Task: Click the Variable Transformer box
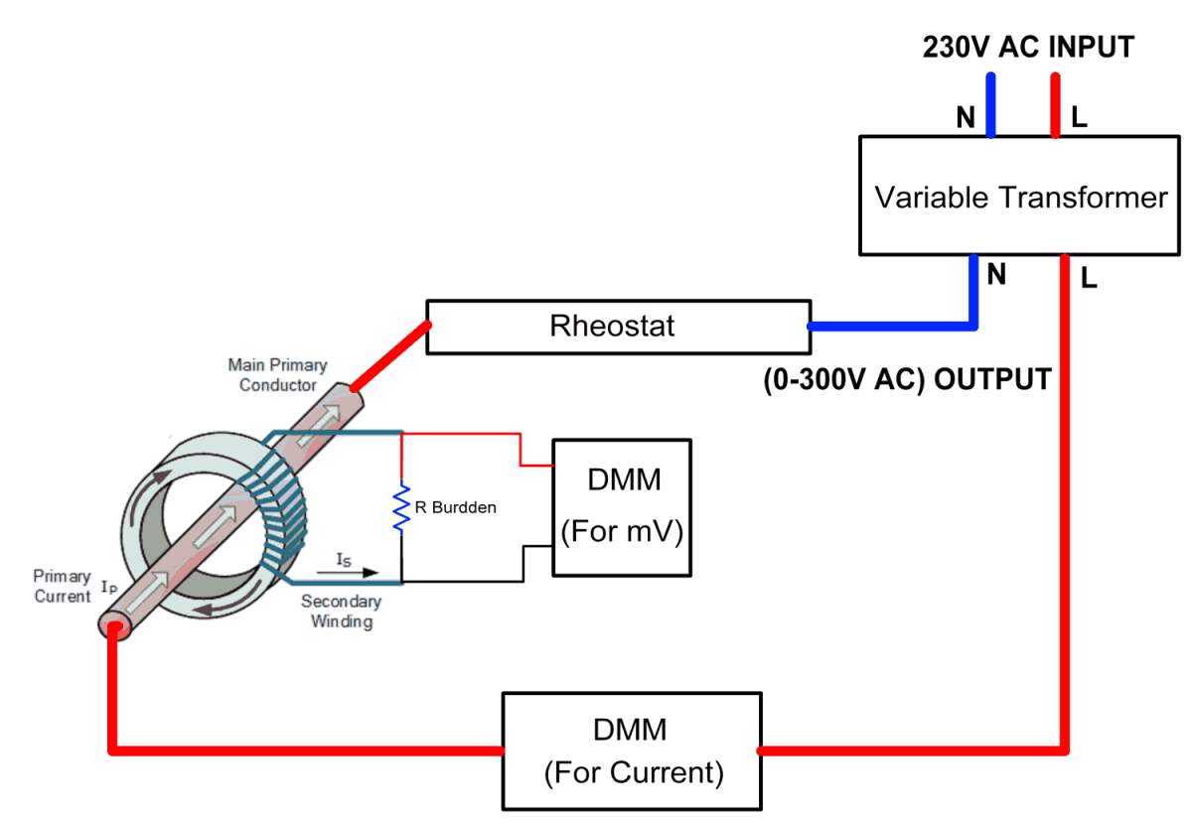click(x=1020, y=197)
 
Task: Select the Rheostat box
click(x=612, y=326)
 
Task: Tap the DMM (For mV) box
click(x=622, y=506)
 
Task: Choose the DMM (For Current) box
click(x=632, y=752)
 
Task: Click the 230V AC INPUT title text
click(x=1028, y=47)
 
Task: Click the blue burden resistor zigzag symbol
click(x=402, y=506)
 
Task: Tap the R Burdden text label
click(x=455, y=507)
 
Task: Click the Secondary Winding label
click(x=341, y=612)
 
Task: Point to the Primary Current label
click(x=62, y=586)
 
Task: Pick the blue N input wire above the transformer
click(x=990, y=103)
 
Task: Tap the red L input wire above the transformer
click(x=1054, y=103)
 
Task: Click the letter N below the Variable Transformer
click(x=996, y=274)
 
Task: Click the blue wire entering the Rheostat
click(x=894, y=325)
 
